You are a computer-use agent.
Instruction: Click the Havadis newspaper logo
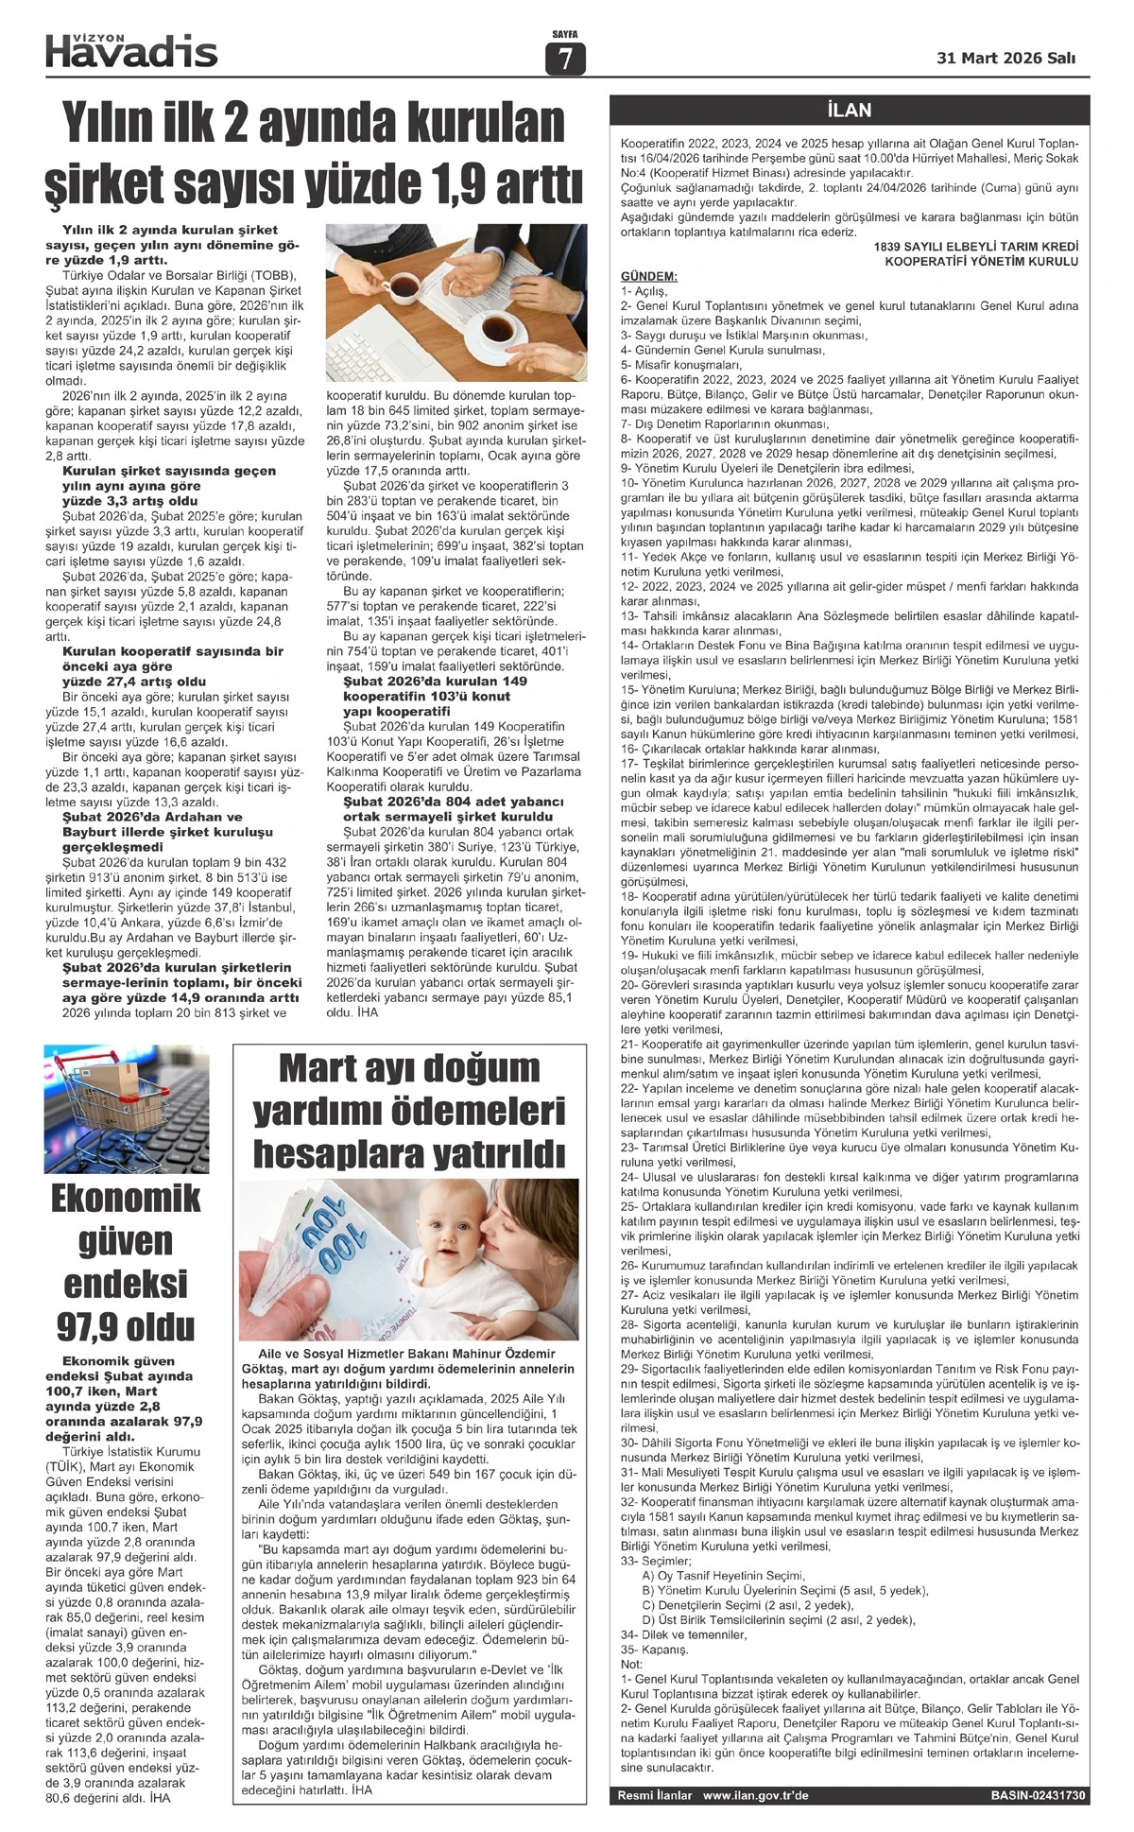[132, 49]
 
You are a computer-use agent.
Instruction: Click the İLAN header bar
[849, 110]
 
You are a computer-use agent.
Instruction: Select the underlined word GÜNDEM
[648, 276]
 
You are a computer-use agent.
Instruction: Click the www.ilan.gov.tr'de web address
[755, 1795]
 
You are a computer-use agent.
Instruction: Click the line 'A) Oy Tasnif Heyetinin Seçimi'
[723, 1575]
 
